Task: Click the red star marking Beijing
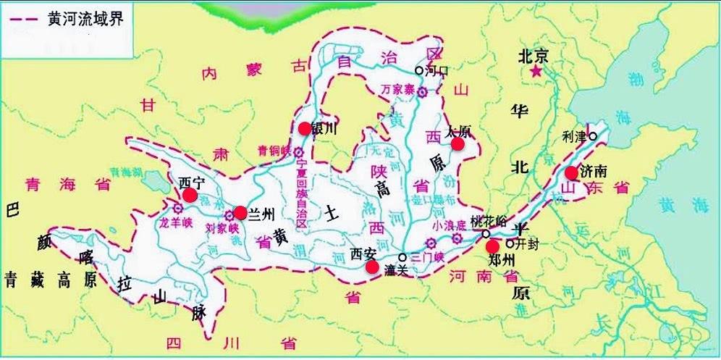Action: (536, 73)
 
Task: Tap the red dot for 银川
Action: (304, 128)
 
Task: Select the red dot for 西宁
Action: (190, 195)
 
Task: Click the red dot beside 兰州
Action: (240, 213)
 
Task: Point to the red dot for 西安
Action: (372, 267)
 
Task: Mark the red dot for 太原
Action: (458, 144)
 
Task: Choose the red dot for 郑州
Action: (492, 247)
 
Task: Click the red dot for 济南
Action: (571, 172)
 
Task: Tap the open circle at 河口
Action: (418, 70)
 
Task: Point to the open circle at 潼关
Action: (402, 257)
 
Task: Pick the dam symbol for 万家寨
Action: (422, 92)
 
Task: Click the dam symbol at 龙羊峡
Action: (178, 208)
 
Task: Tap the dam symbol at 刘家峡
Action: (229, 214)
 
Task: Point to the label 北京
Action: (536, 56)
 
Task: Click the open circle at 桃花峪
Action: (486, 234)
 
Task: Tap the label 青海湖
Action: (126, 174)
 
